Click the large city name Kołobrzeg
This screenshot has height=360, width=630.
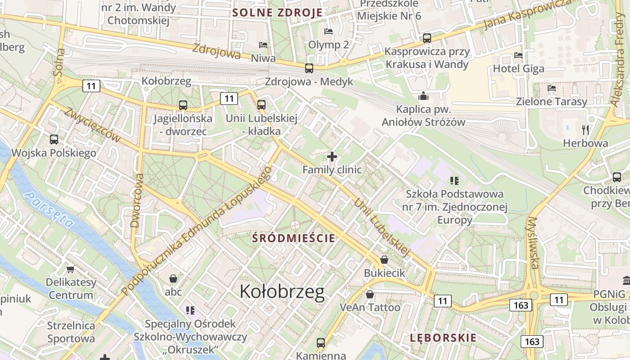point(282,292)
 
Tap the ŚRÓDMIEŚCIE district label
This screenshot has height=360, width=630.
point(294,238)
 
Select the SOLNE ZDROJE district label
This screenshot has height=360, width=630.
point(278,12)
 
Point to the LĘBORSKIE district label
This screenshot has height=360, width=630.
point(443,338)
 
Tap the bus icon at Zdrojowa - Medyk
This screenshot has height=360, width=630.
point(309,68)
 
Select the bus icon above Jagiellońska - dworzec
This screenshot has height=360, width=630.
point(183,105)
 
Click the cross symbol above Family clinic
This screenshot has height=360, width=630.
point(332,157)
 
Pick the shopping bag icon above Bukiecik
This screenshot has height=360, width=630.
point(384,260)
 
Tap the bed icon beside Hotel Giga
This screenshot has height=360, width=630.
point(518,55)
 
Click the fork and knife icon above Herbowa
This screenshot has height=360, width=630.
point(585,130)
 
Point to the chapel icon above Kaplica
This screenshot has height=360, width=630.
point(423,96)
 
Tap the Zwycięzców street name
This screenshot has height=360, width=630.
point(92,125)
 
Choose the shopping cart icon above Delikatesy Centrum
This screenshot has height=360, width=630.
point(70,269)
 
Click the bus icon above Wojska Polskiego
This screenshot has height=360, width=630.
point(54,139)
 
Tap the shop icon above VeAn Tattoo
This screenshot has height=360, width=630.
point(369,294)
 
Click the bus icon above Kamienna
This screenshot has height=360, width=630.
point(320,343)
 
